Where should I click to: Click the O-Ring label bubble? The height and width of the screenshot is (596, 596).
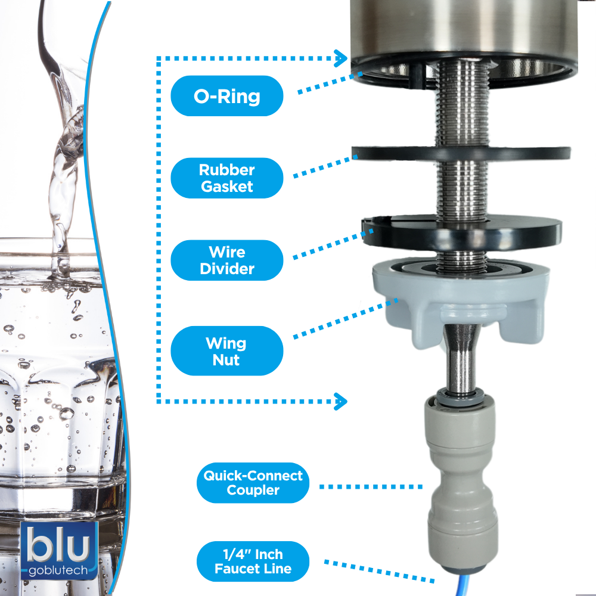click(x=227, y=96)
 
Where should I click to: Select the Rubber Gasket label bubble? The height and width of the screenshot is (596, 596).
click(x=227, y=178)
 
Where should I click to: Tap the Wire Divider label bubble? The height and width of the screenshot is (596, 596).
click(x=227, y=260)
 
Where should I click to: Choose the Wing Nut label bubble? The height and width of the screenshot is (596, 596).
click(x=227, y=351)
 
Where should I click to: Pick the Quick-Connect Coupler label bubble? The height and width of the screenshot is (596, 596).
click(x=253, y=483)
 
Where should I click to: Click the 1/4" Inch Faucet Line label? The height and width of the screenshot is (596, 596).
click(x=253, y=561)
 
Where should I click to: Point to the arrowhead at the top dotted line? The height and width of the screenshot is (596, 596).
click(x=341, y=58)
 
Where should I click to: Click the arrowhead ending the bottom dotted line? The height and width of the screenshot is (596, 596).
click(x=341, y=401)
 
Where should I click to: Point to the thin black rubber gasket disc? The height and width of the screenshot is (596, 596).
click(x=461, y=153)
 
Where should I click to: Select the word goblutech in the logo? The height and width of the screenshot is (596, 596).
click(x=58, y=570)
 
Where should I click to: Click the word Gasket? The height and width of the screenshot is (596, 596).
click(x=227, y=186)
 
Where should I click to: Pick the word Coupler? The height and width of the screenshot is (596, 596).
click(x=253, y=491)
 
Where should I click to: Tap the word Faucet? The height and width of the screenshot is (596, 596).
click(x=234, y=569)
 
